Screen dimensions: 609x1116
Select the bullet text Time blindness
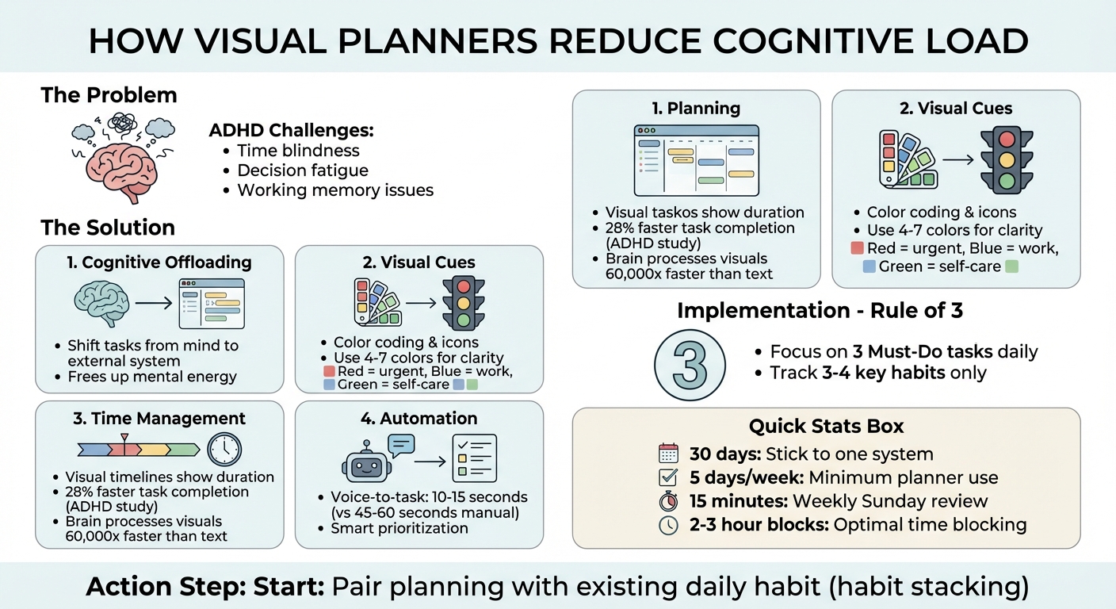coord(298,151)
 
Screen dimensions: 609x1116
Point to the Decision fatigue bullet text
coord(303,170)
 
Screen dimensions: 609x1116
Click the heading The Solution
coord(108,228)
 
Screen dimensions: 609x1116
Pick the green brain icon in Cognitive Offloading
coord(101,304)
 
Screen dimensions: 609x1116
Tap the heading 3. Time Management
coord(159,419)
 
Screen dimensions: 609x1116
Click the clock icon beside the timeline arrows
coord(224,450)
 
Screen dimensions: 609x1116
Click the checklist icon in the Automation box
coord(474,458)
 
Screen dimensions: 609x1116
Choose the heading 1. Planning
coord(696,109)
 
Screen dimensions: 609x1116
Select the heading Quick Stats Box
coord(826,426)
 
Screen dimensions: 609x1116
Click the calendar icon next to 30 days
coord(669,454)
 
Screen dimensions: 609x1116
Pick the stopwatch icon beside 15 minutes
coord(669,502)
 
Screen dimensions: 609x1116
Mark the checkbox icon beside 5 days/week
coord(669,478)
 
